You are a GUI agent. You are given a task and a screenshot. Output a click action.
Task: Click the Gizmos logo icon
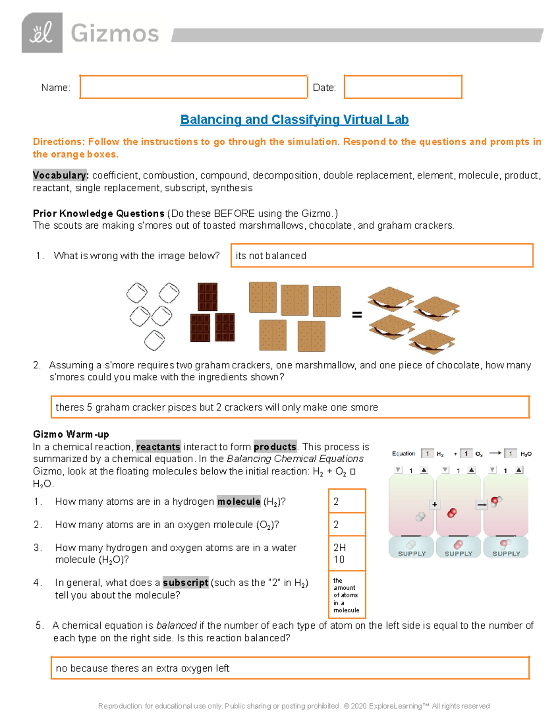pos(42,33)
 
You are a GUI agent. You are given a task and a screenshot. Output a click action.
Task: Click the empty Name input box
pos(193,87)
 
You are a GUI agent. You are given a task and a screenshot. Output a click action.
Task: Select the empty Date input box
pos(403,87)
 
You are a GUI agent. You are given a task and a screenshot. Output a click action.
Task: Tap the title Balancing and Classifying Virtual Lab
pos(294,120)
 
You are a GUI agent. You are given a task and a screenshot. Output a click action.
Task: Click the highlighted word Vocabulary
pos(60,176)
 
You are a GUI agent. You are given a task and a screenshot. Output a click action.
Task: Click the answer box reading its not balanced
pos(382,255)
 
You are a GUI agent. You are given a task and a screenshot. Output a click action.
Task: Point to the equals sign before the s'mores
pos(357,315)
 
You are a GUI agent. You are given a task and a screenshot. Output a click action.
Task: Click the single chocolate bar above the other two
pos(207,296)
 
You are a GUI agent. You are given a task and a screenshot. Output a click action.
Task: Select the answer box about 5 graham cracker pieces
pos(289,407)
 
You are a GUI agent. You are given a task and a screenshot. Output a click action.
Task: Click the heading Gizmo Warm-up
pos(71,434)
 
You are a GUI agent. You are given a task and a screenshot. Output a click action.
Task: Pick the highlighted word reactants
pos(158,447)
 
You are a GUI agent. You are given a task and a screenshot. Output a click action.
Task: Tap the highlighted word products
pos(275,447)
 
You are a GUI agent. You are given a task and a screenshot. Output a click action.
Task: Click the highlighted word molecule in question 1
pos(238,501)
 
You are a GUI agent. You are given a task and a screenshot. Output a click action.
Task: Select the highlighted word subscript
pos(185,583)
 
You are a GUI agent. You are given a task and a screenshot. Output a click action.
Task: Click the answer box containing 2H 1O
pos(347,553)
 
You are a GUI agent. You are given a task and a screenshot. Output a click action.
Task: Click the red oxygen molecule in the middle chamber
pos(451,514)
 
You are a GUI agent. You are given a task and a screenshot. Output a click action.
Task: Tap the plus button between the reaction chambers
pos(434,504)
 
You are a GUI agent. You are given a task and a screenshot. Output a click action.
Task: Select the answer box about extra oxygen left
pos(289,668)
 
